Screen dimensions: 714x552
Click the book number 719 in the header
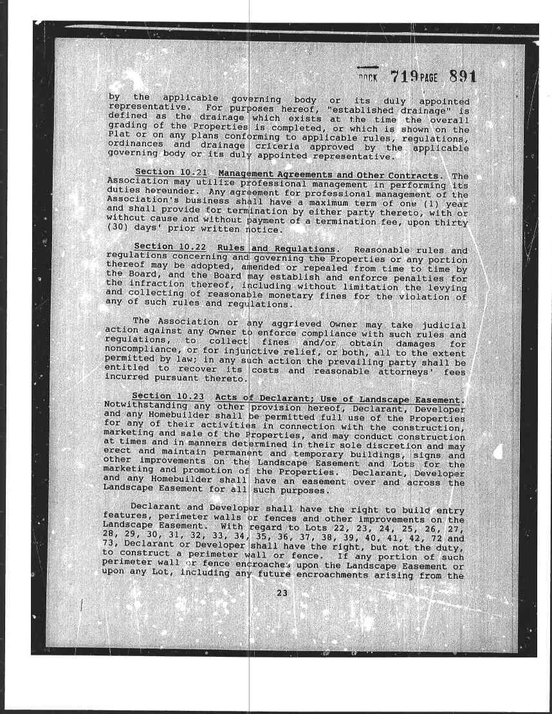point(405,77)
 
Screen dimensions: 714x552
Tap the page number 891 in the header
point(463,77)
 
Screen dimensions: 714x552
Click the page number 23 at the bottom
point(281,593)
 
